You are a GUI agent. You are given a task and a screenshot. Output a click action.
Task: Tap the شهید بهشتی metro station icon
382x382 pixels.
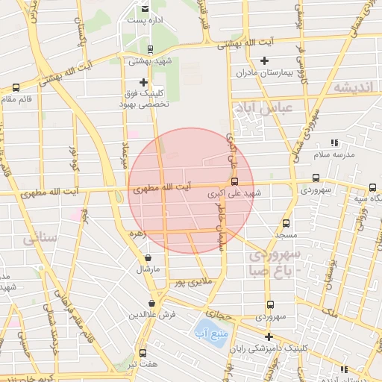click(151, 49)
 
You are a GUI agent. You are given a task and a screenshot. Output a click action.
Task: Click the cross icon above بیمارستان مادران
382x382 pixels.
click(263, 60)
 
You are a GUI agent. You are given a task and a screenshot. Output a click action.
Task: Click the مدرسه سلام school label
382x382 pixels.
click(331, 153)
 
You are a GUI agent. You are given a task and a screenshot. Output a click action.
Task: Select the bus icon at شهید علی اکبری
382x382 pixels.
click(235, 181)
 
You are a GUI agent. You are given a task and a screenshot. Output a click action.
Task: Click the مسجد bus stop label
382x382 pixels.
click(286, 234)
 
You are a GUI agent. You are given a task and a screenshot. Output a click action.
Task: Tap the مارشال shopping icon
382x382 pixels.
click(147, 258)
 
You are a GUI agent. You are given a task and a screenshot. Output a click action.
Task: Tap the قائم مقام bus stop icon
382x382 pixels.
click(16, 88)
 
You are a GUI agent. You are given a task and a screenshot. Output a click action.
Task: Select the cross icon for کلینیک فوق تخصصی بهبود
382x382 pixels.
click(143, 82)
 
